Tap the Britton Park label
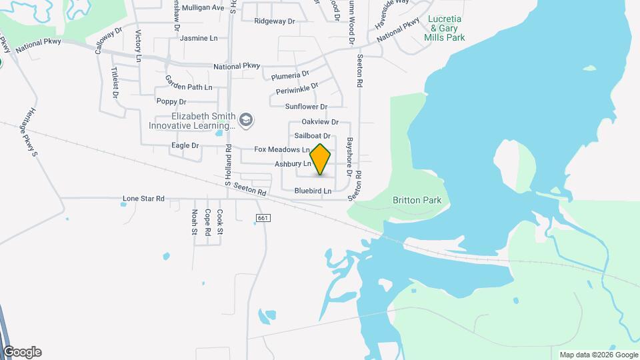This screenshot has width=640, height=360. pyautogui.click(x=417, y=200)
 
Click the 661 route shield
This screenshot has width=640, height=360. pyautogui.click(x=263, y=219)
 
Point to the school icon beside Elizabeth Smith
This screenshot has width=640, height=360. pyautogui.click(x=247, y=119)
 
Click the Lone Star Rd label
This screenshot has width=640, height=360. pyautogui.click(x=143, y=199)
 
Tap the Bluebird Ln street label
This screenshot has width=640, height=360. pyautogui.click(x=313, y=191)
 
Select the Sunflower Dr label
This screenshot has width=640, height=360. pyautogui.click(x=307, y=107)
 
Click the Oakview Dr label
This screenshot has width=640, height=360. pyautogui.click(x=320, y=122)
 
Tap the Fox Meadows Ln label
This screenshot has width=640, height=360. pyautogui.click(x=282, y=150)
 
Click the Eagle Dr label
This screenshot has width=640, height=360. pyautogui.click(x=185, y=145)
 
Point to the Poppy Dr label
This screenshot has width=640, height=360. pyautogui.click(x=171, y=101)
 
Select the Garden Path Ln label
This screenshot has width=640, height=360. pyautogui.click(x=189, y=87)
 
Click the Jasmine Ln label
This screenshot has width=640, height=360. pyautogui.click(x=199, y=39)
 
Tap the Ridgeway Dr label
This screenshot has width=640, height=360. pyautogui.click(x=274, y=21)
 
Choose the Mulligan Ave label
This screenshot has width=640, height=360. pyautogui.click(x=203, y=8)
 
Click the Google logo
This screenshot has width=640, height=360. pyautogui.click(x=22, y=352)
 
